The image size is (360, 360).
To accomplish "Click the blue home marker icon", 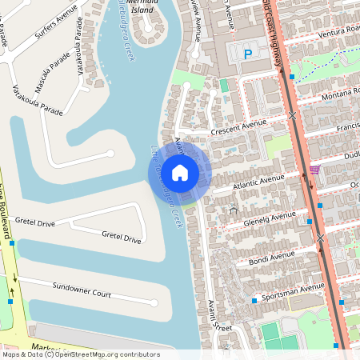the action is point(180,172).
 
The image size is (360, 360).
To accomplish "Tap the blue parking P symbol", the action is point(247,54).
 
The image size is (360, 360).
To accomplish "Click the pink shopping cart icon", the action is point(314,170).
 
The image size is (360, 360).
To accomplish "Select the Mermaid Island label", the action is point(151,7).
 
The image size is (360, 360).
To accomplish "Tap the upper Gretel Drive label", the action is point(35,223).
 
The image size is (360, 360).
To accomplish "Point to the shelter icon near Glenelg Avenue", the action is point(234,210).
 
